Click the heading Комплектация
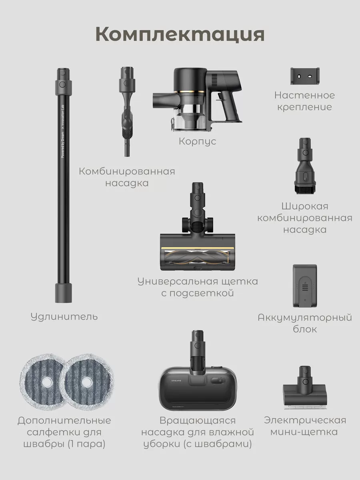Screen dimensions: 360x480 180,35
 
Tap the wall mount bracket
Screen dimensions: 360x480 305,76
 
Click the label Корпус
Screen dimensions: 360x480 197,142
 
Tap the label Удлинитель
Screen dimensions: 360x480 64,317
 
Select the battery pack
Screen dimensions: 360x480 305,286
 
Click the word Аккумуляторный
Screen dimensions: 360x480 305,318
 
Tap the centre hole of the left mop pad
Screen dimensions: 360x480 46,382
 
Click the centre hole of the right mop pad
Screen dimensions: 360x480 87,382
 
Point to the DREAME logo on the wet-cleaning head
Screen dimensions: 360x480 176,381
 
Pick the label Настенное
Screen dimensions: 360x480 304,96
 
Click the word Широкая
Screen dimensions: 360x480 305,206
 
